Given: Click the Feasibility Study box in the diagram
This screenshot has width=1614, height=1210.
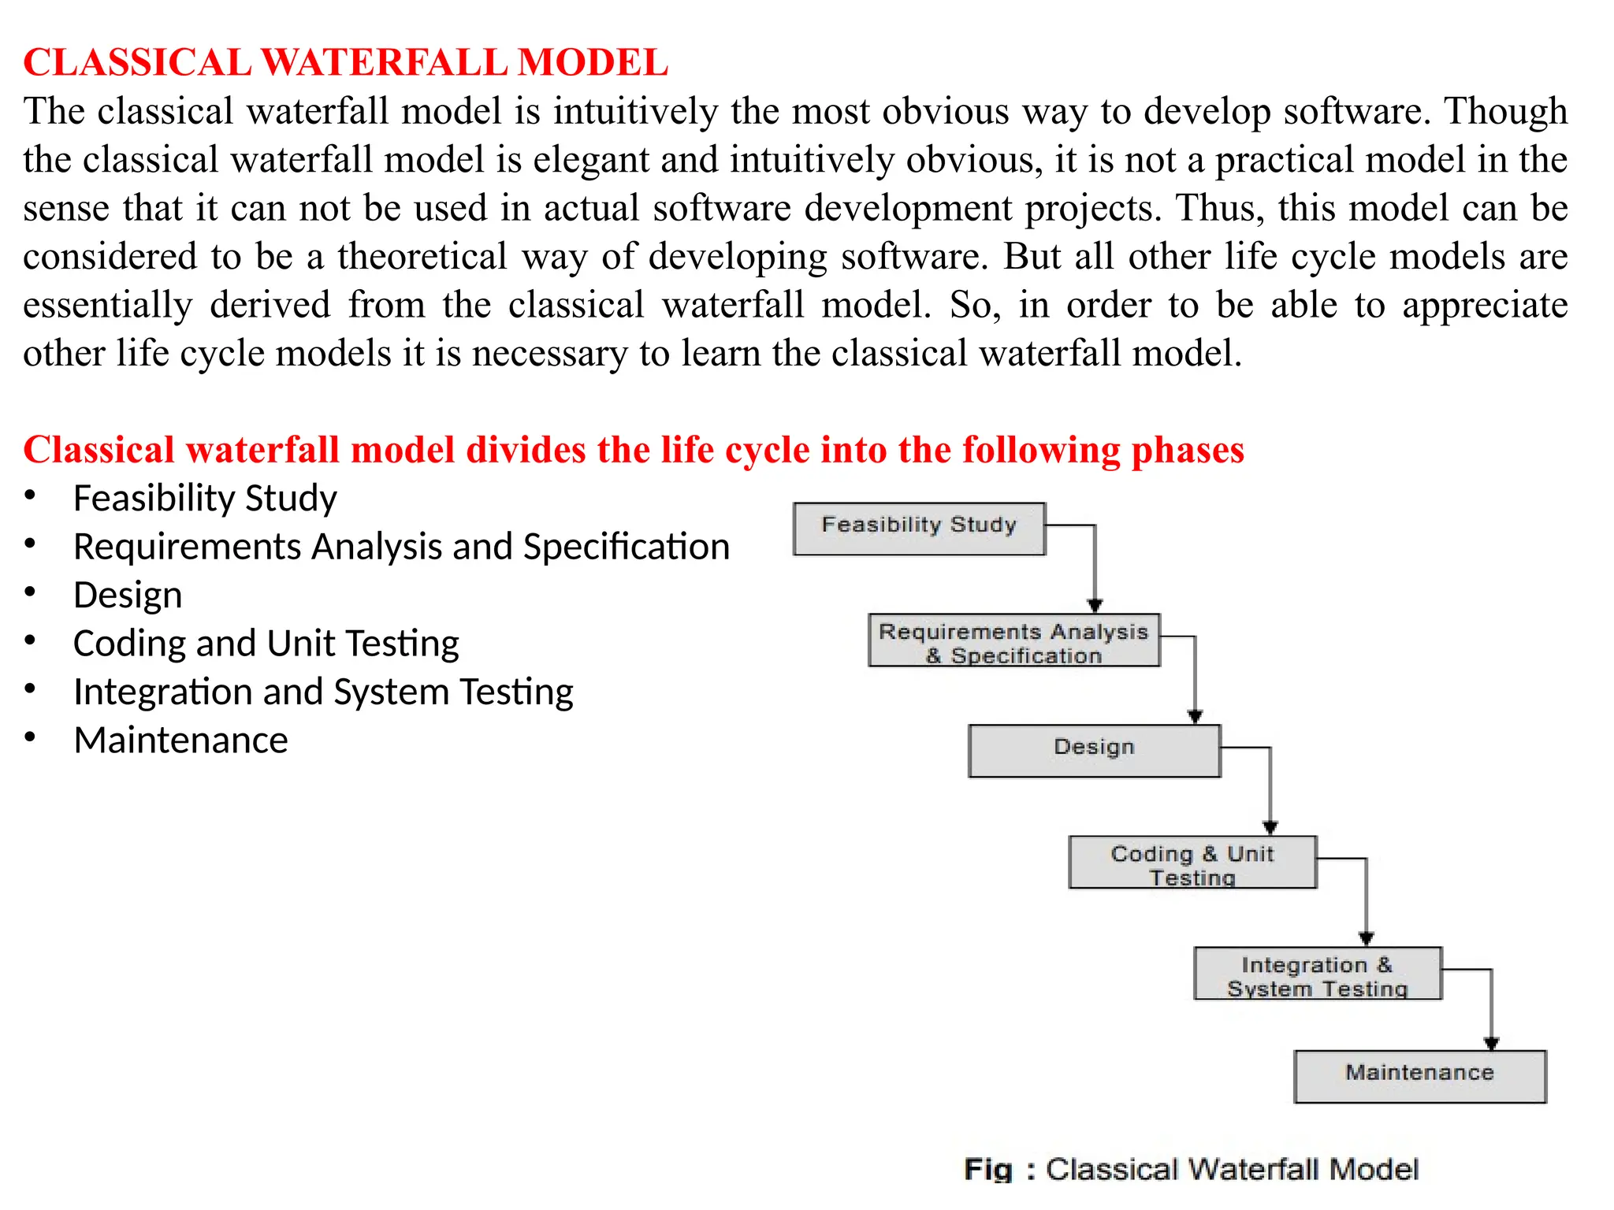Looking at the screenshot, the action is click(x=919, y=529).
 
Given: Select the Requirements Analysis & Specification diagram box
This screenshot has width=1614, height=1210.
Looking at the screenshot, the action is click(x=1013, y=640).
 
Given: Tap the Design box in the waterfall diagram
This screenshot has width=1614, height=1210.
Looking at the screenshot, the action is click(x=1094, y=751).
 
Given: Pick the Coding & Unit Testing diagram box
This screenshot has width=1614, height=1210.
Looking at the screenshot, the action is click(x=1192, y=863).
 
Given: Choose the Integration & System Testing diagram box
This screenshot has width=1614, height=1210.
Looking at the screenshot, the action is click(x=1317, y=974).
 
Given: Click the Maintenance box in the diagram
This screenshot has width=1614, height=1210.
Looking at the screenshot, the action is click(x=1419, y=1076).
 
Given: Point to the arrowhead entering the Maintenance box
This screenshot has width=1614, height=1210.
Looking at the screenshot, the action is click(x=1491, y=1043).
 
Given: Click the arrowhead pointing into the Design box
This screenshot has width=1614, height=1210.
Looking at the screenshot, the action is click(x=1195, y=716).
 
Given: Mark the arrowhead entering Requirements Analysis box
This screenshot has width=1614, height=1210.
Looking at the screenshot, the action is click(x=1095, y=605).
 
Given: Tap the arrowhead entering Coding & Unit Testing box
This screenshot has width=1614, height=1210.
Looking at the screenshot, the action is click(x=1270, y=827).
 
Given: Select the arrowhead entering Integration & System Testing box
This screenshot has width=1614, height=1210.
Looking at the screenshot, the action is click(x=1367, y=938).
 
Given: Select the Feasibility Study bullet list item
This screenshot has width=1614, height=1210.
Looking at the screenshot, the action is click(x=205, y=499).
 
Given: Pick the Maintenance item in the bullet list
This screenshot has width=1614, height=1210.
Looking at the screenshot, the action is click(x=180, y=740).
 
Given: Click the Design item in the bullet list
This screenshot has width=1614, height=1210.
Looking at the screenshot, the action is click(x=128, y=596).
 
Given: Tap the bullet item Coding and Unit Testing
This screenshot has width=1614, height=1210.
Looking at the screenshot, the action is click(x=266, y=644).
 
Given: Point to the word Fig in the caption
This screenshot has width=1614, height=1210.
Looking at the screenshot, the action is click(x=987, y=1169).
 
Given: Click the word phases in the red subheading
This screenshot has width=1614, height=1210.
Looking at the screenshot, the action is click(x=1187, y=451).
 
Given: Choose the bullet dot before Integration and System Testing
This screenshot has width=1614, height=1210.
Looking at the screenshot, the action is click(x=30, y=690).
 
